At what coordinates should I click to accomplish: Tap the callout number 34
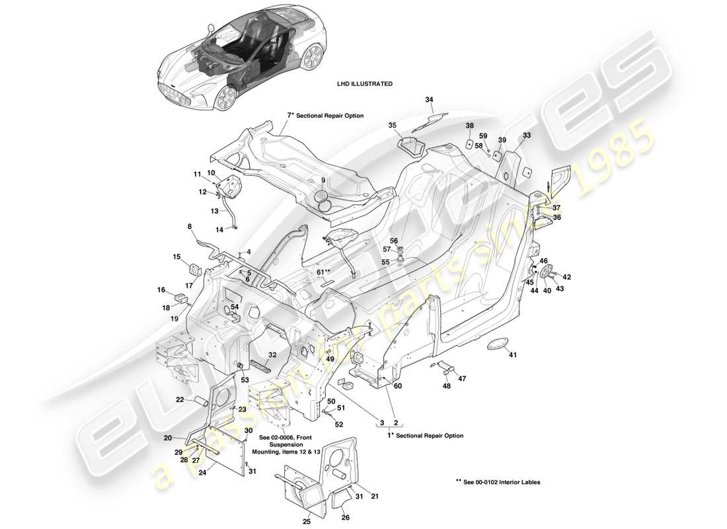click(x=430, y=100)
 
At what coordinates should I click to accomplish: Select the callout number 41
click(x=512, y=355)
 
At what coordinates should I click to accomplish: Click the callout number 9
click(x=323, y=181)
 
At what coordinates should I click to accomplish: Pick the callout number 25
click(x=307, y=522)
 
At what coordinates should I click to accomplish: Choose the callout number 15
click(x=177, y=257)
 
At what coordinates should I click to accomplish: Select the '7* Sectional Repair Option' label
click(x=325, y=115)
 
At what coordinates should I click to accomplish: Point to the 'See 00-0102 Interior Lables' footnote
click(x=497, y=482)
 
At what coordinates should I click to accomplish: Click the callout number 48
click(x=447, y=386)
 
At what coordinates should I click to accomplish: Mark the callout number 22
click(x=180, y=399)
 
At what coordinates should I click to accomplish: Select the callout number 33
click(x=527, y=135)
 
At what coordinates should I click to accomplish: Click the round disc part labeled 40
click(x=546, y=270)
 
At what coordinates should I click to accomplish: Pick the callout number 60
click(x=398, y=386)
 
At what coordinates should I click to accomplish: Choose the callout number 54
click(x=235, y=307)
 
